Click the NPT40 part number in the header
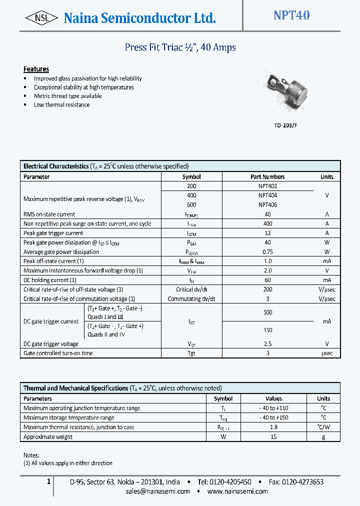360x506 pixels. pos(291,15)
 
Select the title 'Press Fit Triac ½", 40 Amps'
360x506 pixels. pos(180,47)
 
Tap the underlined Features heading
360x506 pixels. pos(36,69)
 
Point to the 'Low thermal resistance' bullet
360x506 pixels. pos(61,105)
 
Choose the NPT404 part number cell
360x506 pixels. pos(267,195)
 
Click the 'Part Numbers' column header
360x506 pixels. pos(267,176)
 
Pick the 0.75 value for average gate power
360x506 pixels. pos(267,252)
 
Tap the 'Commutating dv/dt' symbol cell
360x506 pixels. pos(191,299)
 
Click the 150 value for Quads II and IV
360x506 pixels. pos(267,330)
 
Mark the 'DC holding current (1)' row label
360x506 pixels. pos(50,280)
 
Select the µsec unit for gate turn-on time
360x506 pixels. pos(326,353)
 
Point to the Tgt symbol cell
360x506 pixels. pos(191,353)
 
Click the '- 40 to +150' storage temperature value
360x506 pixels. pos(273,417)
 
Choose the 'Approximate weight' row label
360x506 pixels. pos(48,437)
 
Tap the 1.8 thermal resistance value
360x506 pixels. pos(273,427)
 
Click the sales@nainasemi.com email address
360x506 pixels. pos(158,491)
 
